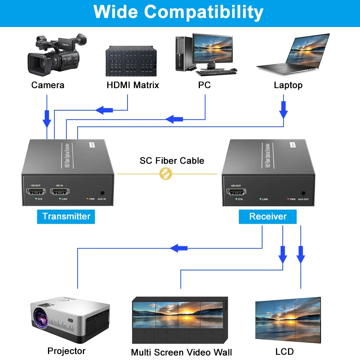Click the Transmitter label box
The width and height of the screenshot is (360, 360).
click(66, 216)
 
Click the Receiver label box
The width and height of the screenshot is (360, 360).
click(268, 216)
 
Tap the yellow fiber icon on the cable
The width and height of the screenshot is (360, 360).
click(165, 174)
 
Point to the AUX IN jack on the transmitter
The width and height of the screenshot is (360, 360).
click(102, 193)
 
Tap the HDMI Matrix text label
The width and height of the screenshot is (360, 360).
click(133, 85)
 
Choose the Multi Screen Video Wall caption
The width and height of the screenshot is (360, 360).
click(181, 352)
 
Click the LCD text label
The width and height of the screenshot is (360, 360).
click(284, 351)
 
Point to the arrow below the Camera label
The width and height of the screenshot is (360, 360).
click(47, 118)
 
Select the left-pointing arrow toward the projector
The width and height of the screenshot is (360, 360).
click(179, 248)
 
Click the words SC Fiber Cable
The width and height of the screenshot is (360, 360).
click(172, 161)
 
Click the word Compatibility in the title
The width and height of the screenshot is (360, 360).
click(204, 12)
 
